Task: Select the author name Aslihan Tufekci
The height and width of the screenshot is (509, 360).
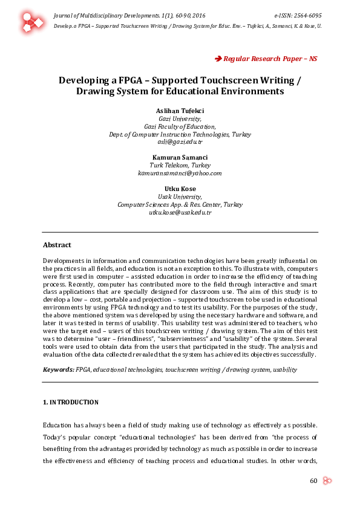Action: tap(180, 111)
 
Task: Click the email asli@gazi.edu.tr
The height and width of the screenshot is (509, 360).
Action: tap(180, 141)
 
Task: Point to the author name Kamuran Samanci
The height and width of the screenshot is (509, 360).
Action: tap(180, 157)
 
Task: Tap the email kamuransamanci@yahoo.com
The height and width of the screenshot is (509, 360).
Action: tap(180, 173)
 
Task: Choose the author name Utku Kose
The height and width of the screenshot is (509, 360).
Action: tap(180, 189)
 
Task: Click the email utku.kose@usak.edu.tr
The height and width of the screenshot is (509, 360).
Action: tap(180, 212)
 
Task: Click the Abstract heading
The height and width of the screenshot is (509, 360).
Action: tap(57, 245)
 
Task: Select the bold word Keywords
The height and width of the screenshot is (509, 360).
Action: tap(58, 369)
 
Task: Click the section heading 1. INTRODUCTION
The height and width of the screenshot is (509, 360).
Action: tap(70, 402)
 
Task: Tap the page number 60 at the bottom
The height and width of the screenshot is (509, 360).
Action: tap(313, 481)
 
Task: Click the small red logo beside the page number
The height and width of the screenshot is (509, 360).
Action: tap(327, 481)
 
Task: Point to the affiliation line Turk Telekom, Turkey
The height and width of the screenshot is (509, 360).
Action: tap(180, 165)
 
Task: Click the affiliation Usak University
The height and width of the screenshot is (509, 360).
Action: tap(180, 196)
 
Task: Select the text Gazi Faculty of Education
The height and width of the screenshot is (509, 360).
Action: tap(180, 126)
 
